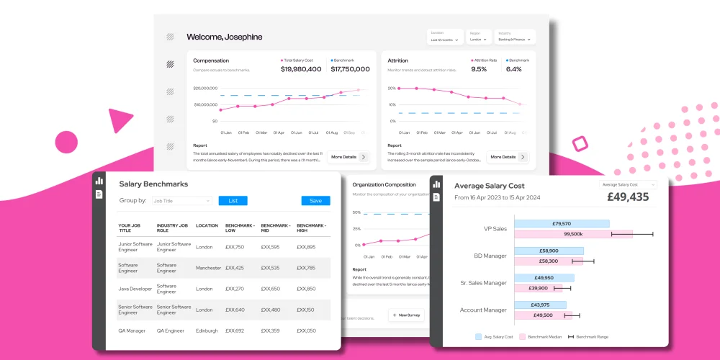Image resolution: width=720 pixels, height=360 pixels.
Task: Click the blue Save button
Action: click(x=315, y=201)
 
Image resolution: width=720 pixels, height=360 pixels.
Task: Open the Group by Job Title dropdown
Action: click(x=181, y=201)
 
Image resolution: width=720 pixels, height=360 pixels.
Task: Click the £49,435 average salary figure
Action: click(x=629, y=197)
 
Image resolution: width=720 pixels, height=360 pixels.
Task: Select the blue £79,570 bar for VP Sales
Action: click(x=562, y=223)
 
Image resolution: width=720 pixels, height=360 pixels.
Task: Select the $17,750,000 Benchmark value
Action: click(x=351, y=69)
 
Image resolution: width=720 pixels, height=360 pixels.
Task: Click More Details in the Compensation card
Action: click(x=348, y=156)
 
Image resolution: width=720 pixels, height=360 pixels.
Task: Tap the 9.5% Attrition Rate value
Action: click(x=479, y=69)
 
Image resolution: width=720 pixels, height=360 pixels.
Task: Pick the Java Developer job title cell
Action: click(x=134, y=289)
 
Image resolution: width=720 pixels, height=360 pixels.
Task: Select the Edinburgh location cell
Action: click(x=207, y=330)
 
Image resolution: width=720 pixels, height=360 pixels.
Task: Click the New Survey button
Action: click(x=407, y=315)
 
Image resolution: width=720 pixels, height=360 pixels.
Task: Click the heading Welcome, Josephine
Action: click(x=224, y=37)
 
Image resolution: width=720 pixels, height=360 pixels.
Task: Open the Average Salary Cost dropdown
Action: click(x=628, y=185)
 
